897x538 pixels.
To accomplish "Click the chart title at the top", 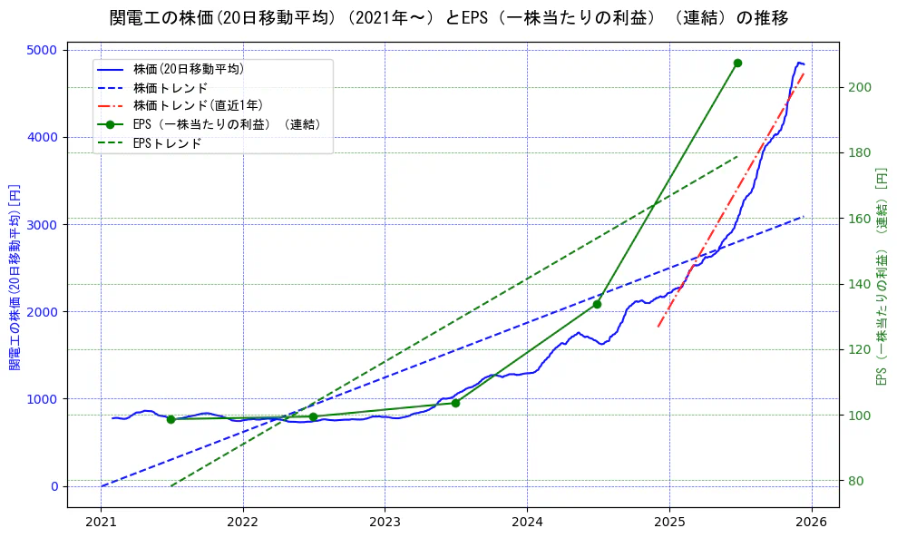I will click(448, 18).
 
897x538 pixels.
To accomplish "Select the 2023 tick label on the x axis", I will click(385, 523).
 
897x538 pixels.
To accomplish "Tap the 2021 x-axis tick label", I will click(101, 523).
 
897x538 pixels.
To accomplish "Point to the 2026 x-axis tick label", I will click(811, 523).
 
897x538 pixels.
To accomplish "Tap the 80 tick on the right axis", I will click(858, 481).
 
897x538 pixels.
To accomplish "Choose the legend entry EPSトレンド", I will click(167, 143).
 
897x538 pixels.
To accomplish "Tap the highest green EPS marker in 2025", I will click(737, 63).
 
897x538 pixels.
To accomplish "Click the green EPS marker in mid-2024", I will click(597, 304).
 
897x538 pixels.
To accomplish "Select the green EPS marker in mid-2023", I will click(455, 403).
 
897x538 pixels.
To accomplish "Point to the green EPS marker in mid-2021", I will click(171, 419).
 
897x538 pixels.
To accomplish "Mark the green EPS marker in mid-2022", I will click(313, 416).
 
